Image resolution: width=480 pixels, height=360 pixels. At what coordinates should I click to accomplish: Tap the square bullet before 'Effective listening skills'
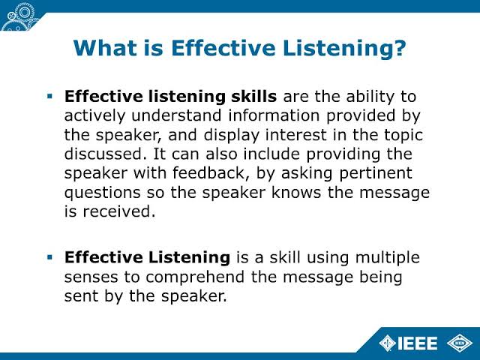(50, 97)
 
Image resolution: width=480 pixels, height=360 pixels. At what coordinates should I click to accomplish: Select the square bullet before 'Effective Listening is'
(50, 257)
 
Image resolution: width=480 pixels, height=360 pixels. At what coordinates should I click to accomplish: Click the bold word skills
(253, 97)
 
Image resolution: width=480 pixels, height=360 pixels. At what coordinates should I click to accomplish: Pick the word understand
(176, 115)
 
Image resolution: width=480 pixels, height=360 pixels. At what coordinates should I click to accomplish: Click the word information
(274, 115)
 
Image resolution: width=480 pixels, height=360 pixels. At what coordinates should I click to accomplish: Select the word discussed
(103, 154)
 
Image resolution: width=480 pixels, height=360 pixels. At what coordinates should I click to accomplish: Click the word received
(119, 211)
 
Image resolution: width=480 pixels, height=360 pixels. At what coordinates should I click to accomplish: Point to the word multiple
(388, 258)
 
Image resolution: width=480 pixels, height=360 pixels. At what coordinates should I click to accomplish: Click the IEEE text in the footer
(418, 343)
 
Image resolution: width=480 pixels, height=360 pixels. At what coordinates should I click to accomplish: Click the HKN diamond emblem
(460, 343)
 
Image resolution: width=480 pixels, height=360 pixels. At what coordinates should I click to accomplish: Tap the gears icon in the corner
(19, 16)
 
